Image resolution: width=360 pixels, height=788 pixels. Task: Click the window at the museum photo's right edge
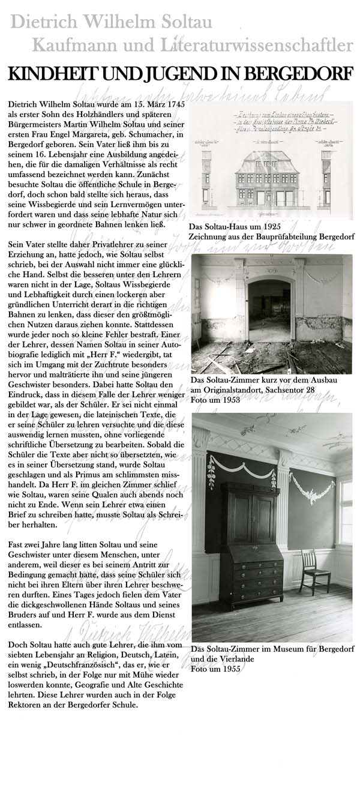pyautogui.click(x=346, y=510)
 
